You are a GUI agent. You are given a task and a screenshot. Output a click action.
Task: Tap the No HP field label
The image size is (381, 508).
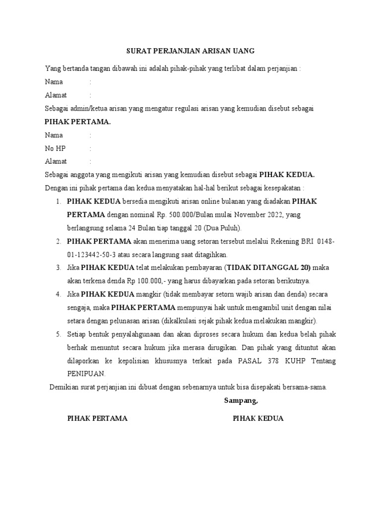coord(55,148)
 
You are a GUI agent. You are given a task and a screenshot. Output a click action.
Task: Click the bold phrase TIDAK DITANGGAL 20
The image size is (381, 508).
coord(268,268)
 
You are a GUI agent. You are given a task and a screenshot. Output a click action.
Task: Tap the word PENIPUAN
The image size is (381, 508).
coord(86,375)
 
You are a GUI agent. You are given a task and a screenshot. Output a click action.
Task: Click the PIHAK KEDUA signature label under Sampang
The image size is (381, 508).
coord(258,418)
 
